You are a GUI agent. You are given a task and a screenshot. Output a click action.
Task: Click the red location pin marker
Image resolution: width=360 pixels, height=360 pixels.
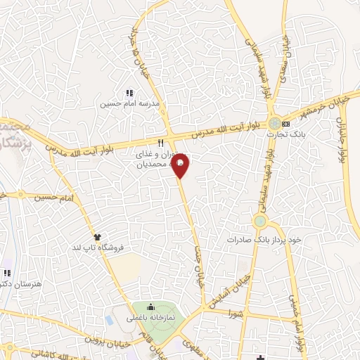[x=181, y=166]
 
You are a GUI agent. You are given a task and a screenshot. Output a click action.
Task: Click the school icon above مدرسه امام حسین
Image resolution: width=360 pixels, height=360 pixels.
[x=129, y=92]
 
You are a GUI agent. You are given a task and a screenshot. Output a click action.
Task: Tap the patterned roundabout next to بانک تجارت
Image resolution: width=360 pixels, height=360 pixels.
[x=274, y=124]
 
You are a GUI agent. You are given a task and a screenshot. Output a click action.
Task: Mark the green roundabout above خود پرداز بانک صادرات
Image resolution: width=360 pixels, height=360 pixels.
[x=261, y=222]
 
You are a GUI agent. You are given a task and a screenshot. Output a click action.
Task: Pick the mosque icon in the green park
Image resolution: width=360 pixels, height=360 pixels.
[x=150, y=307]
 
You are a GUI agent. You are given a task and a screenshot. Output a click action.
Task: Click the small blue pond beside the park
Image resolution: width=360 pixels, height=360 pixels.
[x=110, y=318]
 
